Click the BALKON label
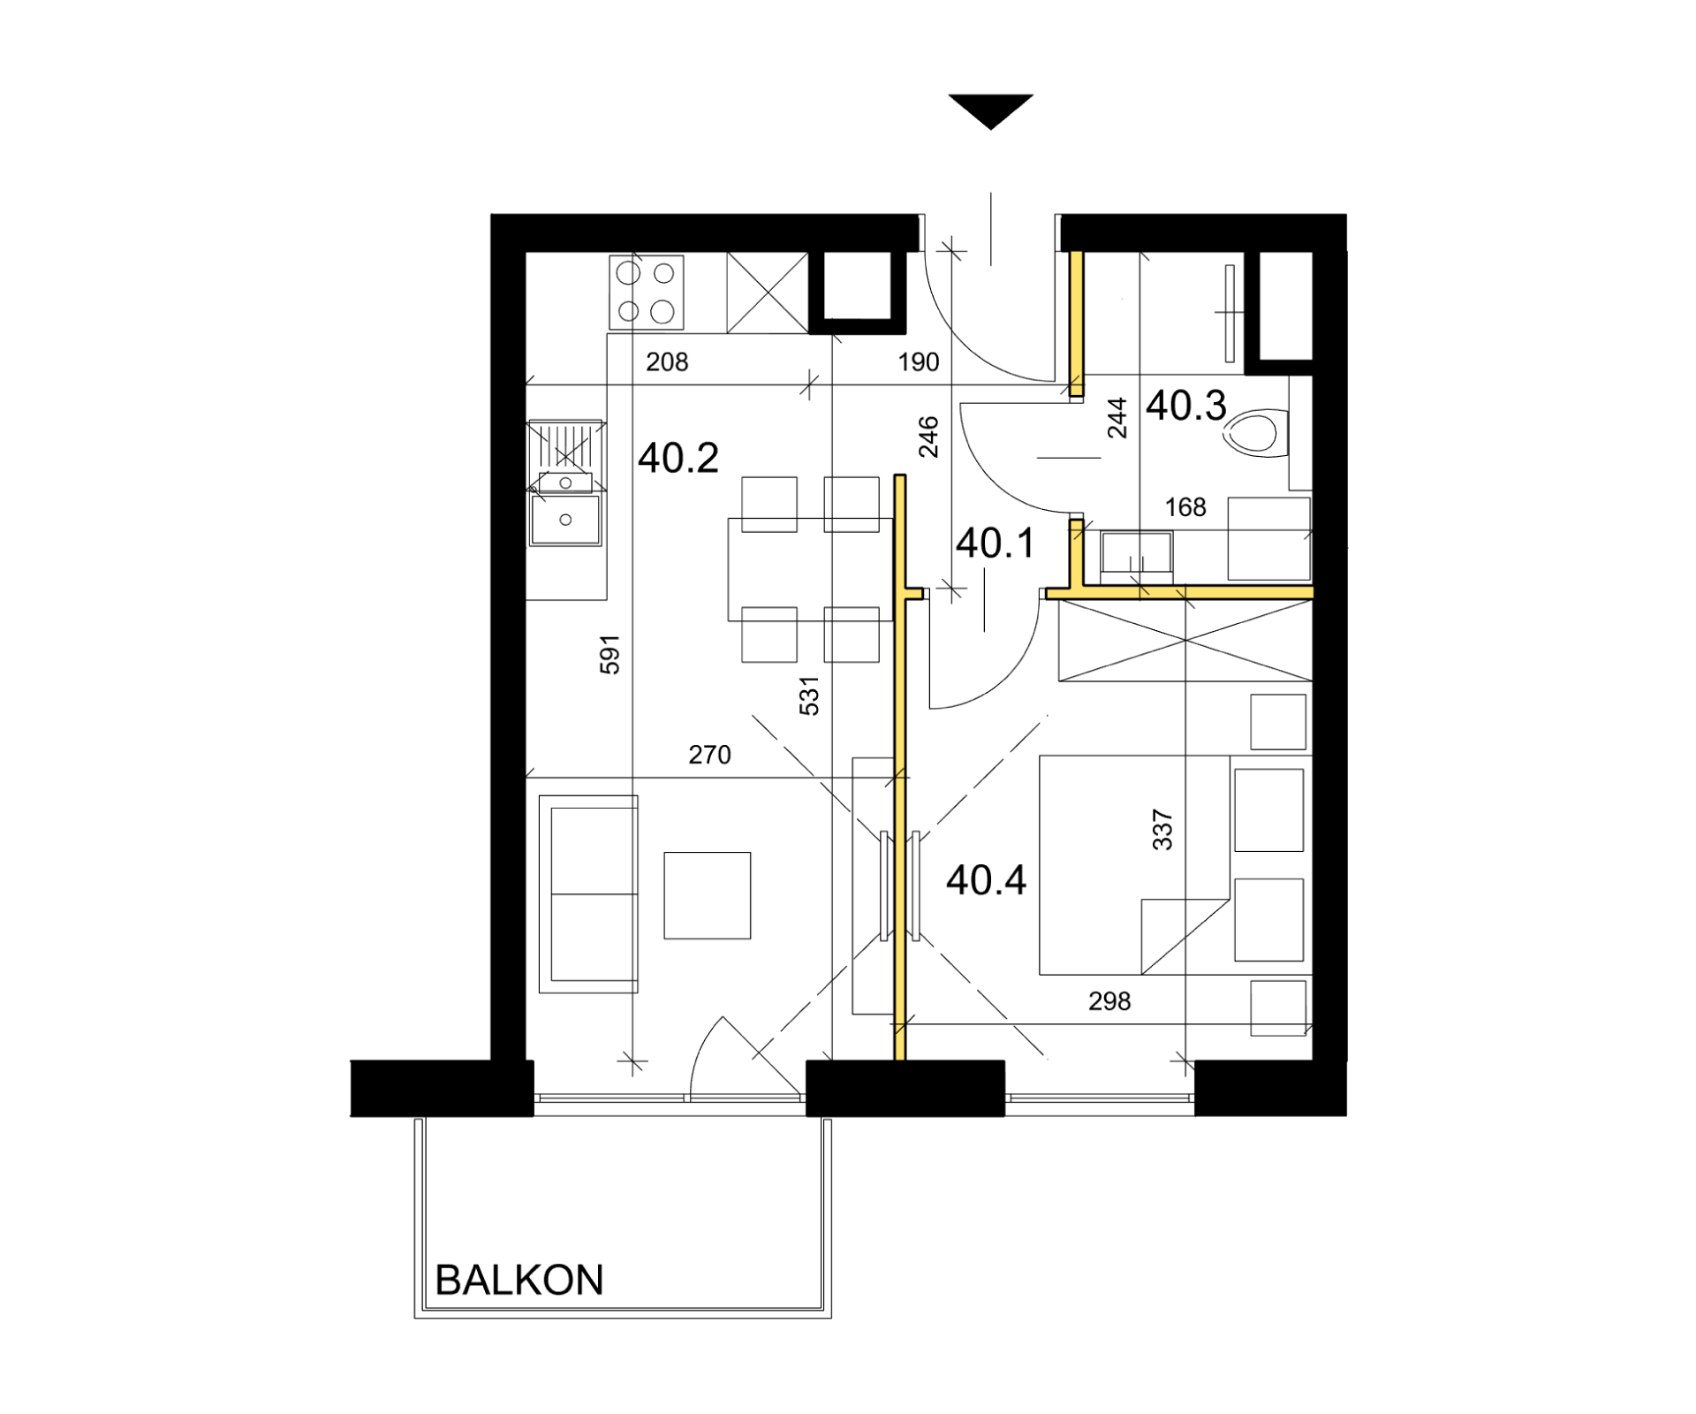tap(519, 1280)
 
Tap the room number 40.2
tap(678, 458)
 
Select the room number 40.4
tap(986, 880)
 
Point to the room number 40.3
tap(1186, 406)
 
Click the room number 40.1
tap(995, 543)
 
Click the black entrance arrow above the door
tap(991, 111)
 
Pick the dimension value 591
tap(610, 654)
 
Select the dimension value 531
tap(809, 696)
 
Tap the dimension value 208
tap(667, 361)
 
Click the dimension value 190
tap(919, 361)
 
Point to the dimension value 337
tap(1162, 830)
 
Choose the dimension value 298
tap(1109, 1001)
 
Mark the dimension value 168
tap(1185, 507)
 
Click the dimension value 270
tap(710, 755)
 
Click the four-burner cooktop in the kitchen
tap(647, 293)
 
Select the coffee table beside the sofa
tap(708, 895)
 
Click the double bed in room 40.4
tap(1176, 865)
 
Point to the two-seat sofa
tap(588, 893)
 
